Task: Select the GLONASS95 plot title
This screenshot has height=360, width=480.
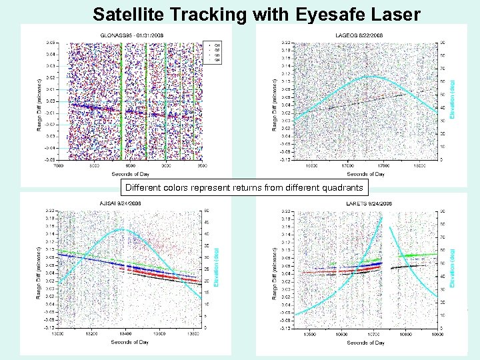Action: pos(131,35)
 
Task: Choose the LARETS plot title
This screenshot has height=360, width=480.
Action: pos(365,203)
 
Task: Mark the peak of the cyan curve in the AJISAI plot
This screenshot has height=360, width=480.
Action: pos(121,229)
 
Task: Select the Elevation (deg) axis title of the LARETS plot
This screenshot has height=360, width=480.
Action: pos(453,269)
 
